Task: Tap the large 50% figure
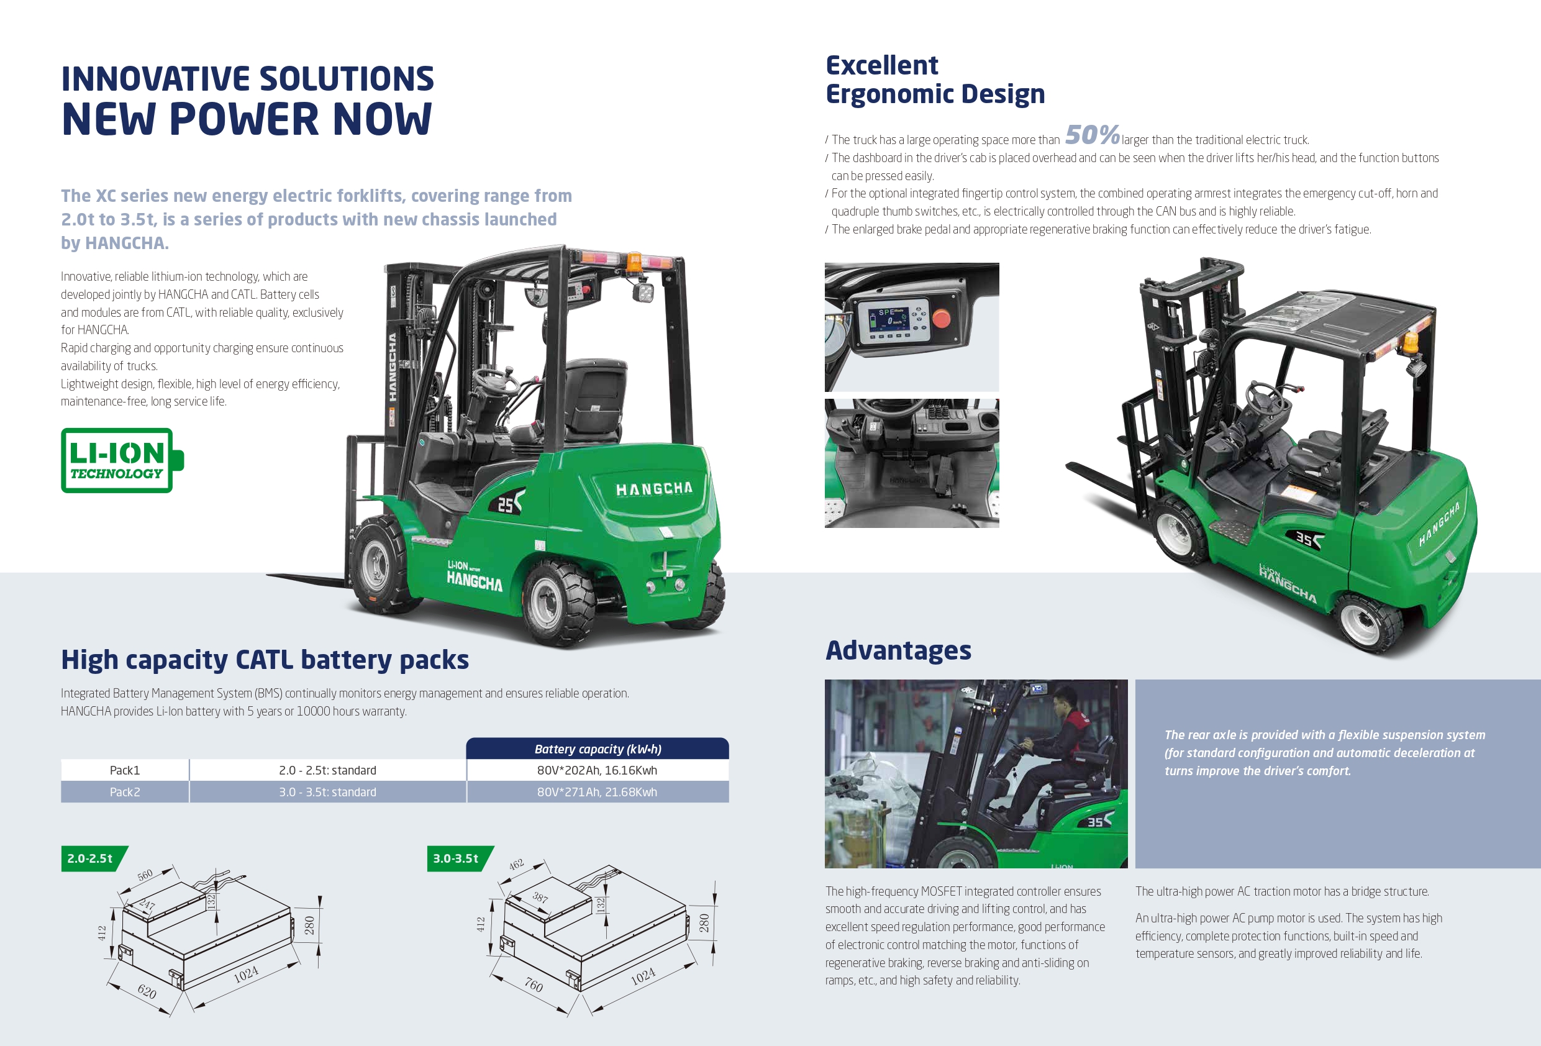click(x=1091, y=135)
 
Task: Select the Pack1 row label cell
click(x=125, y=770)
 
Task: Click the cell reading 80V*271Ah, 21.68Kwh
click(x=597, y=792)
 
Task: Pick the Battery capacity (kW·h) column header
click(x=598, y=749)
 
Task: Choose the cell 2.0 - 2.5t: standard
click(x=327, y=770)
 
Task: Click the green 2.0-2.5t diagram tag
click(x=91, y=858)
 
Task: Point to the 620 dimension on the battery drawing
click(x=147, y=991)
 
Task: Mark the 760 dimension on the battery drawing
click(x=533, y=985)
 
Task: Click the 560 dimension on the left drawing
click(x=145, y=874)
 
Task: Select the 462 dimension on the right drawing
click(x=516, y=864)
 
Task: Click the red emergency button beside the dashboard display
click(x=941, y=319)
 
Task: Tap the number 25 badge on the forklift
click(x=506, y=506)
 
